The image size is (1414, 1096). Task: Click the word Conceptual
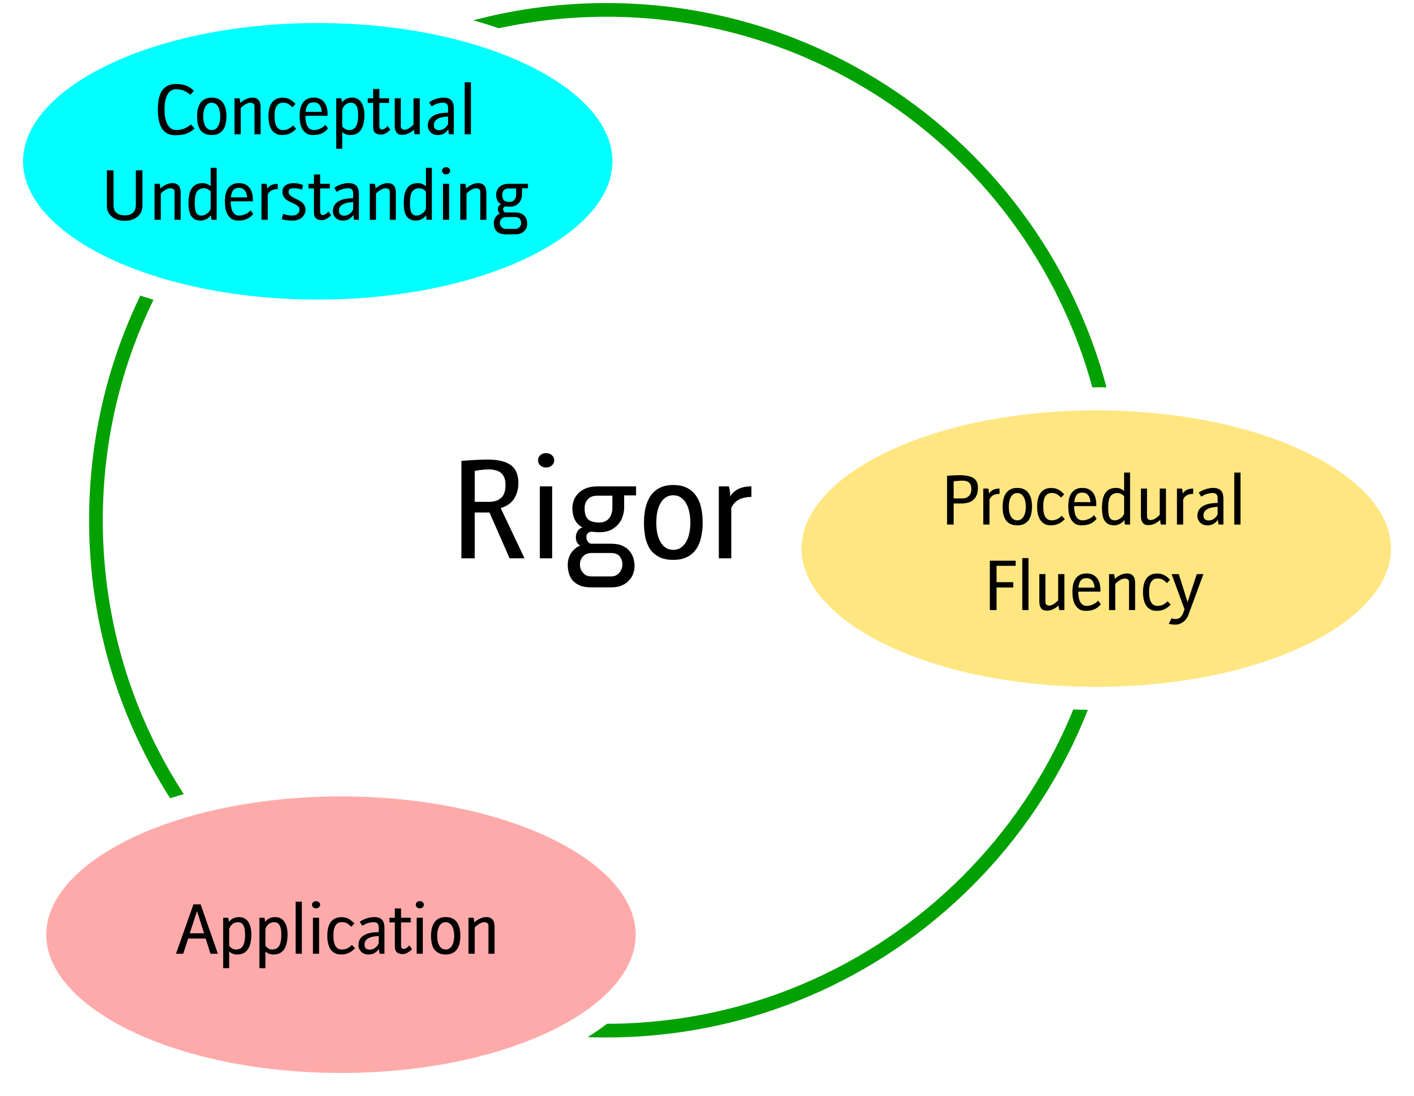(x=315, y=111)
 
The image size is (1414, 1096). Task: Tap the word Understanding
(x=315, y=196)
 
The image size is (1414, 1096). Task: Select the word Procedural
(x=1093, y=501)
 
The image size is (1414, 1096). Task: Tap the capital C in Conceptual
(x=176, y=111)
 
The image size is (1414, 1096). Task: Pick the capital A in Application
(x=197, y=930)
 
